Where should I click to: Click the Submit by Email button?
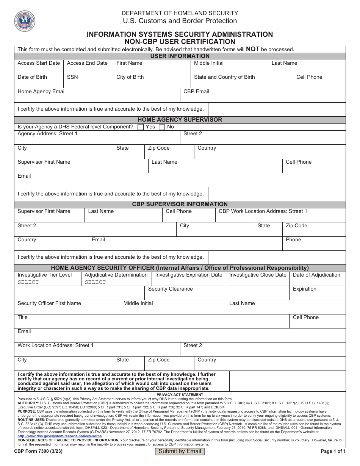180,451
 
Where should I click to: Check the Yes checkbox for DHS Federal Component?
141,127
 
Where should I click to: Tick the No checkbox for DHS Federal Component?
162,127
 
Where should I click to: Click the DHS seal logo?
25,21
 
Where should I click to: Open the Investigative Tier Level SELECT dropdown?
28,282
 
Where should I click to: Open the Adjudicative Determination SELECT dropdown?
95,282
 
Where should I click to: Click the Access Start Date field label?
39,63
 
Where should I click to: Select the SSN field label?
72,77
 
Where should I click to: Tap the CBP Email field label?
196,92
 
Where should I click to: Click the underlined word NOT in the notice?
253,49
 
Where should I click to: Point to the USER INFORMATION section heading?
180,56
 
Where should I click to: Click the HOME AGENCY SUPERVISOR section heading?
180,120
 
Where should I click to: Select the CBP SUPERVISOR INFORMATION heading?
180,204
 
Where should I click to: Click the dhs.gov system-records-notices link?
60,436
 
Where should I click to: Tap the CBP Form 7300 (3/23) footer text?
33,451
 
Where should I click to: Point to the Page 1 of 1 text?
333,451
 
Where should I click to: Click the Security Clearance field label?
170,289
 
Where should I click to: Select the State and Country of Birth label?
224,77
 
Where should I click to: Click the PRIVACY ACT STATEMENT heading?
180,395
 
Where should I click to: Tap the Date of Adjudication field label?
316,275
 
